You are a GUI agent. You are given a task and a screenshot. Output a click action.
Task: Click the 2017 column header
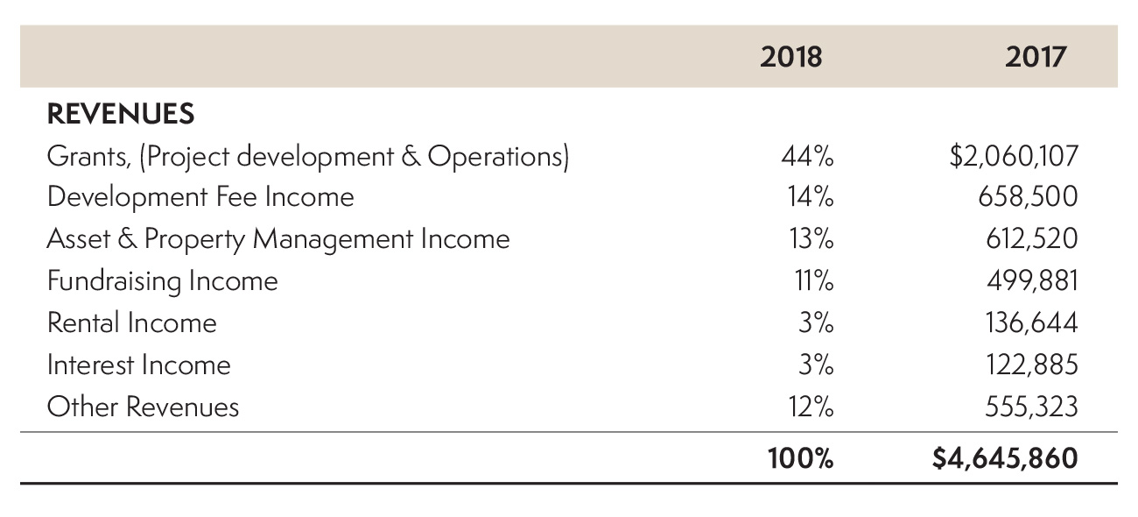[1036, 58]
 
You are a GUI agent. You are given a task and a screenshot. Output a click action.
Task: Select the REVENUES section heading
[120, 114]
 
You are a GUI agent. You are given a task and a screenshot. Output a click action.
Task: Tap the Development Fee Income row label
[200, 197]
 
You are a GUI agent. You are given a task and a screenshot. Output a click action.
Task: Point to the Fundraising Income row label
[162, 281]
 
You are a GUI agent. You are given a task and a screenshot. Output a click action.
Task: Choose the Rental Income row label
[131, 323]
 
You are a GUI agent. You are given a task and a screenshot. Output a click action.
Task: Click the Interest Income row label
[138, 365]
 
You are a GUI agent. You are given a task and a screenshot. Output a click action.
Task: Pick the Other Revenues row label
[143, 407]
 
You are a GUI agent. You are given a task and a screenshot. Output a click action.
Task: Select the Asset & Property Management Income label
[277, 239]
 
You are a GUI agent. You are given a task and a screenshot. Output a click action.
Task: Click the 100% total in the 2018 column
[800, 458]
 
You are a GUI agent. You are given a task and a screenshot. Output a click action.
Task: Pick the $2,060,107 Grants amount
[1014, 157]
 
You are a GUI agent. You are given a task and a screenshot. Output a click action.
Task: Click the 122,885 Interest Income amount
[1029, 365]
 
